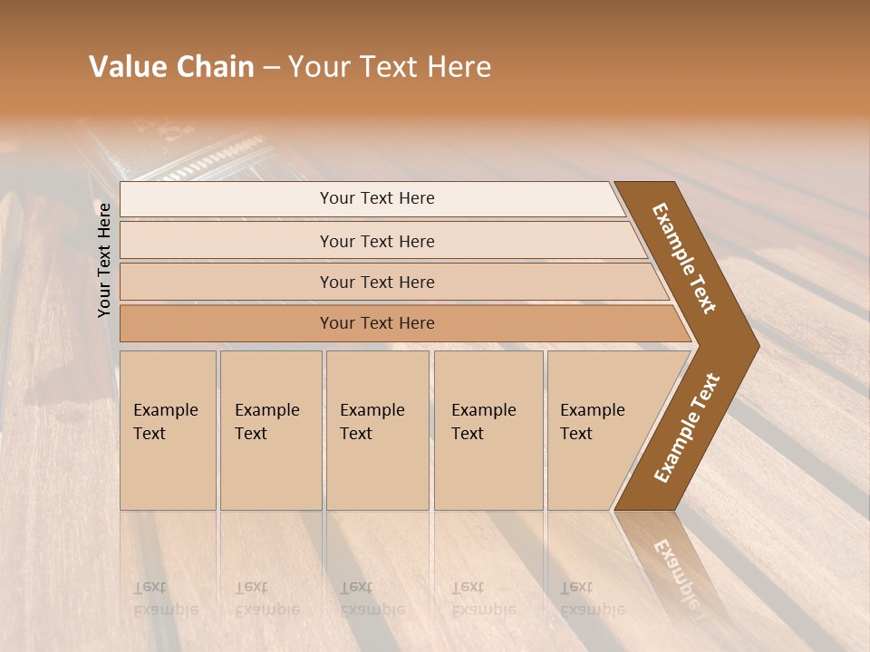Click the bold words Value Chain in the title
tap(171, 67)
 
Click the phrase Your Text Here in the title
tap(390, 67)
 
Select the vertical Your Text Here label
tap(104, 260)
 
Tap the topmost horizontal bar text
tap(377, 198)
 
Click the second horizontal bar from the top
tap(377, 241)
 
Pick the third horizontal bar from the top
tap(377, 282)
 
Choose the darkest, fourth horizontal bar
tap(377, 323)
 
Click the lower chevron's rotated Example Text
tap(686, 428)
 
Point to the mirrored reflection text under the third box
tap(372, 599)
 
